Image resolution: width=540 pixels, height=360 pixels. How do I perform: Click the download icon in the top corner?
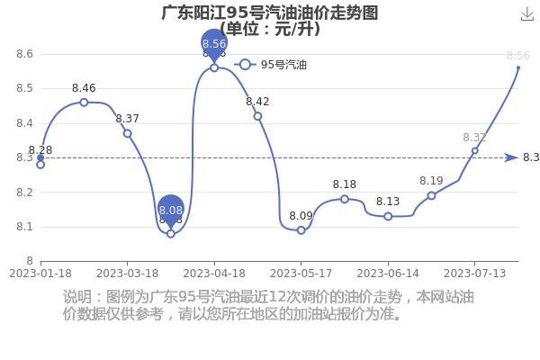[x=527, y=13]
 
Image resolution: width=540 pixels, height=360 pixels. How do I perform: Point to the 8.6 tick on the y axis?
[x=25, y=54]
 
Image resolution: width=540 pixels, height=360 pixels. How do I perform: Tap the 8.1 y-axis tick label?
[x=25, y=227]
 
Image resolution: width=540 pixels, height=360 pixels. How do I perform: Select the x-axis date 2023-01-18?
[x=40, y=272]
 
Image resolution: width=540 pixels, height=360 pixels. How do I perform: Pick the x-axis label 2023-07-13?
[x=475, y=272]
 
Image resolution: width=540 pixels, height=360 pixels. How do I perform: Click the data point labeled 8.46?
[x=84, y=103]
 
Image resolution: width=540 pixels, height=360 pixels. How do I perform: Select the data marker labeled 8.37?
[x=127, y=133]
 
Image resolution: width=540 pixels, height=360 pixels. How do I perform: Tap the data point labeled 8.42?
[x=257, y=116]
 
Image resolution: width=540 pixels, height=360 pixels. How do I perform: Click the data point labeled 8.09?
[x=301, y=230]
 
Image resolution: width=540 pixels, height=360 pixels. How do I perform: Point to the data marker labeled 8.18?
[x=345, y=199]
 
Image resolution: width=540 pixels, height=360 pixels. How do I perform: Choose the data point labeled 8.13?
[x=388, y=216]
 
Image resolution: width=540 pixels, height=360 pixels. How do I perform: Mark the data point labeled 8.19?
[x=431, y=195]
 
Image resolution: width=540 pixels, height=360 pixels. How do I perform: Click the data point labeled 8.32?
[x=474, y=150]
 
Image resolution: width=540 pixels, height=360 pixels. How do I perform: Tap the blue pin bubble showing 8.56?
[x=214, y=43]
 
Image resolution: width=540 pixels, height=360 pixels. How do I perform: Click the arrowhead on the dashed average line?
[x=511, y=157]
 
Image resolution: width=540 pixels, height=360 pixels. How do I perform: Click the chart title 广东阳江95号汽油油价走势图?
[x=270, y=13]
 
